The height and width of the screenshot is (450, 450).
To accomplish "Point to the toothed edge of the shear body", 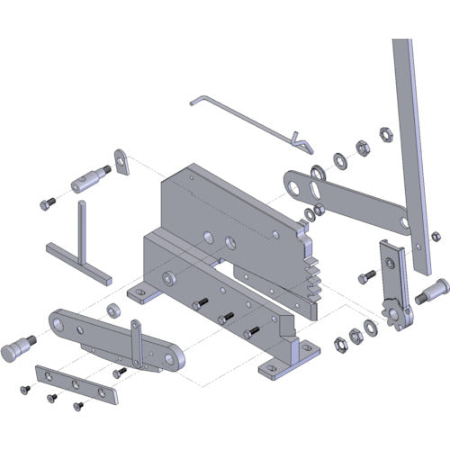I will pos(310,270).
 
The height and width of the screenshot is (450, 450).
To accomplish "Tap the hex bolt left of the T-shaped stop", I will pos(48,204).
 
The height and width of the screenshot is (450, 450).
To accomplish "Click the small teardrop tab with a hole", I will pos(121,161).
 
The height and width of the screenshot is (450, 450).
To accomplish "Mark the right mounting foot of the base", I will pos(282,365).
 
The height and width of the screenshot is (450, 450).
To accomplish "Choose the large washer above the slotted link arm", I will pos(318,171).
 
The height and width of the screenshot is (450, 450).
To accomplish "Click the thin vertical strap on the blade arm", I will pos(136,342).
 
